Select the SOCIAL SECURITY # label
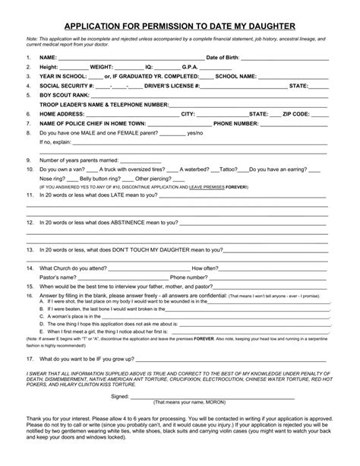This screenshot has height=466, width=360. (x=67, y=85)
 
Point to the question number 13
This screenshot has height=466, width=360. (x=29, y=249)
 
